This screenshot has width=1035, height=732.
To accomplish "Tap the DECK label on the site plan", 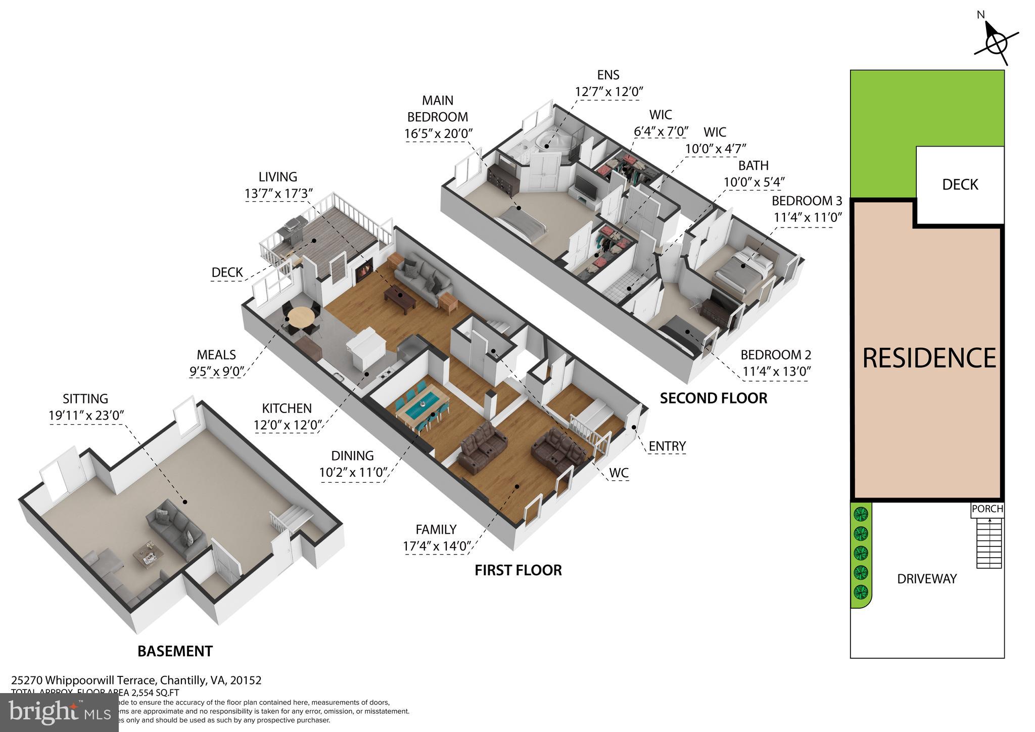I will [x=960, y=185].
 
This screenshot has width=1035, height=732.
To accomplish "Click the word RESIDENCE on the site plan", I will [x=928, y=358].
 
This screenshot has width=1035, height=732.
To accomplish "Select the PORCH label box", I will [x=987, y=509].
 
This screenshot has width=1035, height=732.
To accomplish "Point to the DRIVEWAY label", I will [x=926, y=579].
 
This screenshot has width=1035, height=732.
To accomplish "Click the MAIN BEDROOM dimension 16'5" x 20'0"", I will [x=438, y=134].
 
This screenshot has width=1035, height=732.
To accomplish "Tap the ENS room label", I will [x=608, y=75].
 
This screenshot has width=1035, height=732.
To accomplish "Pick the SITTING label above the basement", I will [x=85, y=399].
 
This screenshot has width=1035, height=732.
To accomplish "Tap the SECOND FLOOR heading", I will [x=713, y=398].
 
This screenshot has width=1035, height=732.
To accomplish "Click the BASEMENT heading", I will [x=175, y=651].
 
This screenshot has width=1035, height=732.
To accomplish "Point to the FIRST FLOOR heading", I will [x=518, y=570].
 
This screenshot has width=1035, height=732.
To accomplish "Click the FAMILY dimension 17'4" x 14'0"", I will [x=438, y=546].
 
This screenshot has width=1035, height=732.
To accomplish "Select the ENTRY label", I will [x=667, y=446].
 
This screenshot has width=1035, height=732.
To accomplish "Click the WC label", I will [x=619, y=473].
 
